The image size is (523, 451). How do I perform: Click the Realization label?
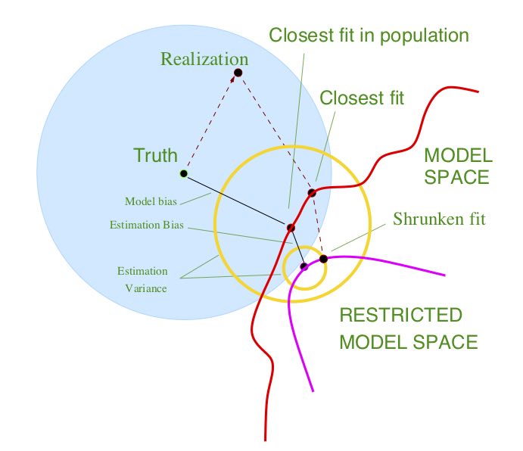coord(204,58)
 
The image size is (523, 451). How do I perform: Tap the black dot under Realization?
coord(238,73)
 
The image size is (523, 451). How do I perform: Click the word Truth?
coord(155,156)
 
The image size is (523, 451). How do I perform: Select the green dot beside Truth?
coord(183,173)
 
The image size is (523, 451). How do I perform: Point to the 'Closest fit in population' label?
coord(369,36)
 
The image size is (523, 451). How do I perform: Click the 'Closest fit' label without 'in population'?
coord(362,98)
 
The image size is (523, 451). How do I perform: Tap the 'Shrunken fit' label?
coord(439,219)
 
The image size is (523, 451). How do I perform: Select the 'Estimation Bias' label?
coord(147,225)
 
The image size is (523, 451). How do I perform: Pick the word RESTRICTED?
coord(400,315)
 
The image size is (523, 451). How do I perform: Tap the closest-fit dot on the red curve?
coord(312,193)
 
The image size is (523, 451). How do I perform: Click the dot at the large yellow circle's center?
coord(291,228)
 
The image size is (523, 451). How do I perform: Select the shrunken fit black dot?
coord(323,259)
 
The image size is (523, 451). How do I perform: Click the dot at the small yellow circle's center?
coord(304,266)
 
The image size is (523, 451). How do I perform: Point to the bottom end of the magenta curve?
coord(313,390)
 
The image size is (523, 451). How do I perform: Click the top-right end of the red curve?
coord(478,92)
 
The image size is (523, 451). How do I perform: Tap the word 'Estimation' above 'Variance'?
coord(142,271)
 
